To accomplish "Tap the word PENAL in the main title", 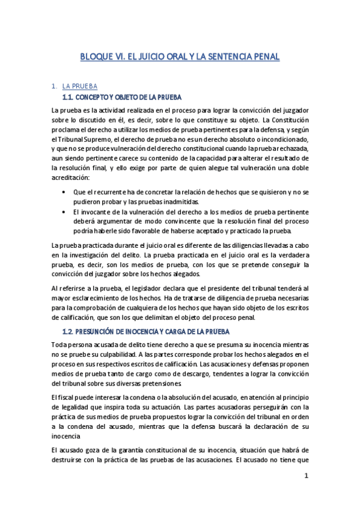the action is [x=263, y=57].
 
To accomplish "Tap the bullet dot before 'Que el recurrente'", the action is [x=64, y=192].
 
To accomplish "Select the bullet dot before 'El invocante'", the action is [x=64, y=212].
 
